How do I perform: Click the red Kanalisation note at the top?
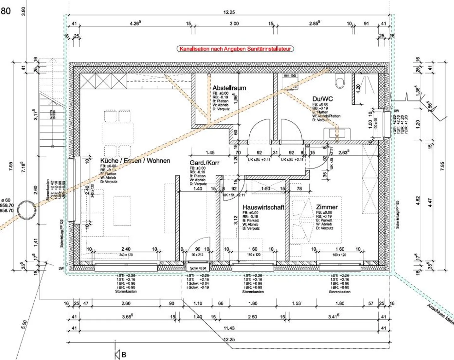click(235, 49)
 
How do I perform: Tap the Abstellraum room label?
click(229, 88)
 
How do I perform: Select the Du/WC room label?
click(322, 99)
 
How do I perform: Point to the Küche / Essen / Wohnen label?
click(135, 161)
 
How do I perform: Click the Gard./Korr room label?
click(204, 163)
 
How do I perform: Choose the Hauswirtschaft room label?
click(263, 207)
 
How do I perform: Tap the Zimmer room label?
click(327, 207)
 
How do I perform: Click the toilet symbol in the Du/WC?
click(340, 82)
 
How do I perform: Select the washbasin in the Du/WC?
click(337, 133)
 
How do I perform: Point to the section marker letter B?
click(124, 355)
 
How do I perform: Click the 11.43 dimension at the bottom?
click(229, 328)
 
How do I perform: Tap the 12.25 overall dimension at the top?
click(229, 12)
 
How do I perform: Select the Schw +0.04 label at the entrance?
click(198, 268)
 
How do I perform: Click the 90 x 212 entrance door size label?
click(197, 255)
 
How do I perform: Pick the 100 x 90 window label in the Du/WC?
click(375, 124)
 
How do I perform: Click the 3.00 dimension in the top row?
click(234, 24)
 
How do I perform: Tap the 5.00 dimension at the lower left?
click(24, 325)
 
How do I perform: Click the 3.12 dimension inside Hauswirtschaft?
click(236, 220)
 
